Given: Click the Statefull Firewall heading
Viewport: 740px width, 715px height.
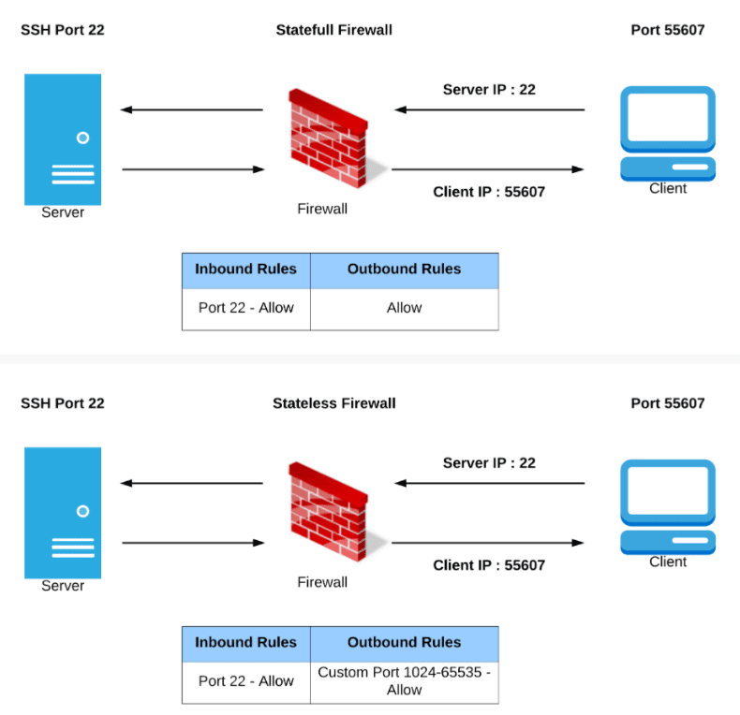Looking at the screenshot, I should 333,30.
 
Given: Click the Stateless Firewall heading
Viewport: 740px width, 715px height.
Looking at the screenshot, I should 333,403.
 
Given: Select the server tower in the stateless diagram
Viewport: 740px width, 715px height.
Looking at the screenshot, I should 63,512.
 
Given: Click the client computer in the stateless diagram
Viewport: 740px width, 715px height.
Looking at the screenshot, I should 668,506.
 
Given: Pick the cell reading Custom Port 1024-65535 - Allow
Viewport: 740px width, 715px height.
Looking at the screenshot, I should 404,680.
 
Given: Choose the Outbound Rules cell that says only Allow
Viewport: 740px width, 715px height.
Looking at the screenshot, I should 404,308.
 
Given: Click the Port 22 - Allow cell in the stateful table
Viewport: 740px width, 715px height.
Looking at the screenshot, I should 245,308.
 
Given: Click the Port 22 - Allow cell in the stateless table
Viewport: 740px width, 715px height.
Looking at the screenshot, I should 245,680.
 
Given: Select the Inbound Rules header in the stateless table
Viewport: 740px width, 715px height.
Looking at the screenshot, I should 245,643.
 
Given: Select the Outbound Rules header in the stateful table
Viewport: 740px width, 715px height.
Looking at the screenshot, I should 404,270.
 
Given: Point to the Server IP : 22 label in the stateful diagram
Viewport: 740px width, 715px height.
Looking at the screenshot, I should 489,90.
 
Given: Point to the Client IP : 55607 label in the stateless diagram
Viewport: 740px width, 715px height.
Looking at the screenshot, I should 489,565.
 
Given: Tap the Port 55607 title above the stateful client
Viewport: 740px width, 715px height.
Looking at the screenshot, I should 668,30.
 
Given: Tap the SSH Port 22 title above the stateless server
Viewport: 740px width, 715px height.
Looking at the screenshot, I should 63,403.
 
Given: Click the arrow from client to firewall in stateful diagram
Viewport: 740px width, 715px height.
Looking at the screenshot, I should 489,110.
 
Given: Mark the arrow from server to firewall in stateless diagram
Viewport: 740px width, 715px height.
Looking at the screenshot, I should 193,543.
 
